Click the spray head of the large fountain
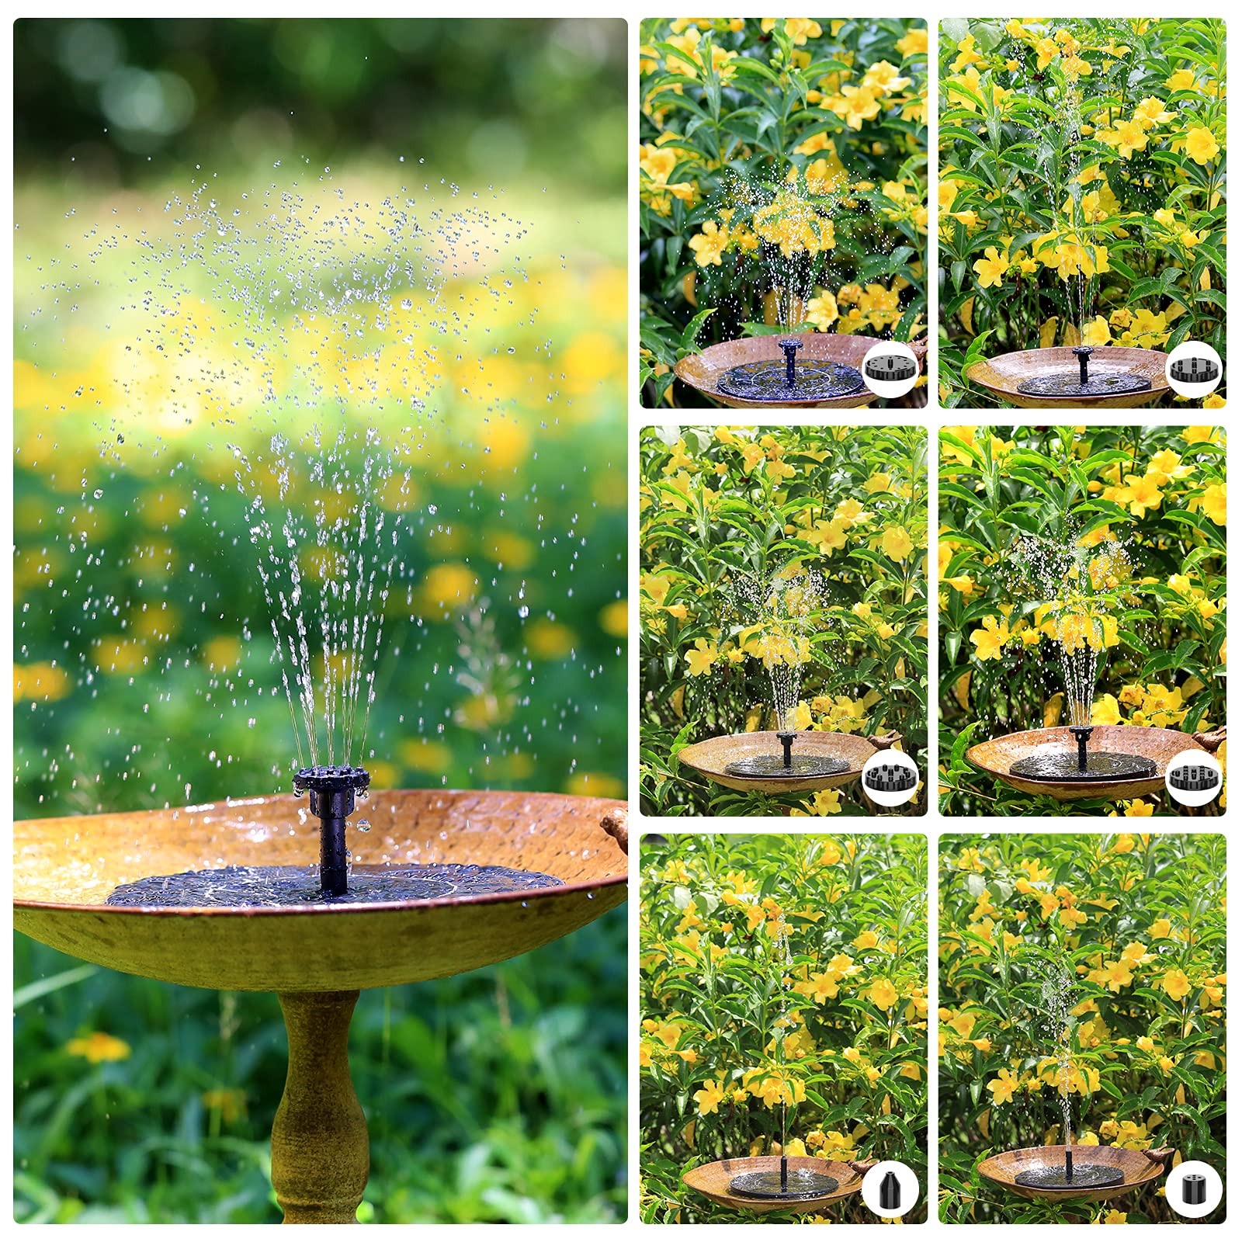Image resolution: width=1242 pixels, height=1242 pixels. [x=323, y=781]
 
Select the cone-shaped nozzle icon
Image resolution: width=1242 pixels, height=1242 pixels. [x=890, y=1188]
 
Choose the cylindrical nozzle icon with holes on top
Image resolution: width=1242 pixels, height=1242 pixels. [x=1193, y=1188]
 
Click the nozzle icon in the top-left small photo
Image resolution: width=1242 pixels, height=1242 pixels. [x=890, y=369]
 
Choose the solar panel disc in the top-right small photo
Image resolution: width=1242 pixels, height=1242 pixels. [x=1083, y=382]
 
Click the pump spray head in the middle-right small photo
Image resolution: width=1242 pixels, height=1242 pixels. [x=1081, y=731]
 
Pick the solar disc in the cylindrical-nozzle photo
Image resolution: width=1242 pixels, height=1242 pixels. [x=1069, y=1178]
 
